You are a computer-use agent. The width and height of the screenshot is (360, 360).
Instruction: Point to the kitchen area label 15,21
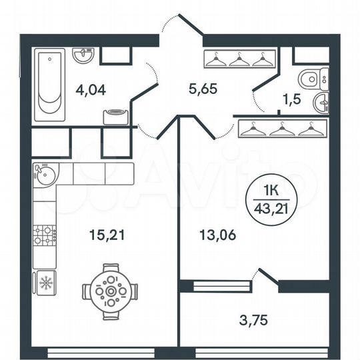point(107,234)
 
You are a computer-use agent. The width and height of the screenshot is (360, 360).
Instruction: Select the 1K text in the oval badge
point(271,189)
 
